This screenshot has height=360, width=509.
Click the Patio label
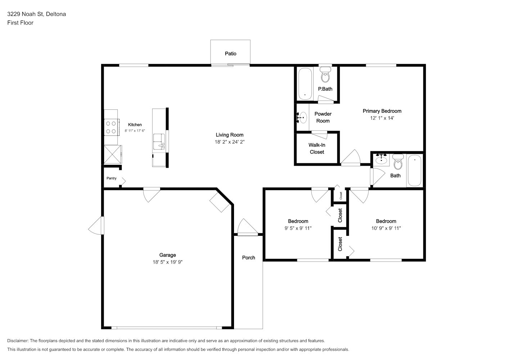tap(230, 54)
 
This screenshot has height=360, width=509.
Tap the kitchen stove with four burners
tap(111, 127)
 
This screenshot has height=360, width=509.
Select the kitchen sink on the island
tap(159, 141)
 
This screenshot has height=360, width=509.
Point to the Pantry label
tap(111, 178)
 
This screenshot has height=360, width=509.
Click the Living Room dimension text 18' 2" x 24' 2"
tap(230, 142)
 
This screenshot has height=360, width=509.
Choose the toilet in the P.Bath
tap(325, 75)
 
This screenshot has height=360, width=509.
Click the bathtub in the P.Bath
tap(305, 84)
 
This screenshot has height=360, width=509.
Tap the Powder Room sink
tap(302, 117)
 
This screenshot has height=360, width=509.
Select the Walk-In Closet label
tap(317, 148)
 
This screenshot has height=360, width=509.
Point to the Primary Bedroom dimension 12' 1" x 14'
tap(382, 118)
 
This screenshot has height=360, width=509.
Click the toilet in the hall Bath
tap(398, 162)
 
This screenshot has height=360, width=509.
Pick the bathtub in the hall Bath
tap(414, 171)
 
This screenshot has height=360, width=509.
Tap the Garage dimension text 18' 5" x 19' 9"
tap(167, 262)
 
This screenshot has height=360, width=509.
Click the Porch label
tap(248, 257)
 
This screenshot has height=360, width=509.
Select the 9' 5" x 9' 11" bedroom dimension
tap(298, 228)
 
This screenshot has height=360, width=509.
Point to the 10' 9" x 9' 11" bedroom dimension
tap(386, 228)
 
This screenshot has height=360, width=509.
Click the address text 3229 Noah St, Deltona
tap(37, 14)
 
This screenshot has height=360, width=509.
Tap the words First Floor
tap(20, 23)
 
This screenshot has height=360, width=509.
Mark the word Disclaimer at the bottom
tap(18, 341)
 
